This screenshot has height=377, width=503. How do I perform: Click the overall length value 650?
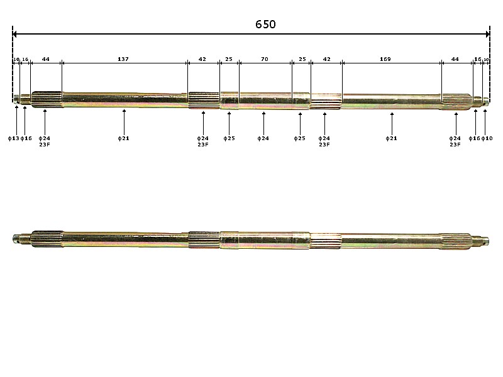(x=265, y=25)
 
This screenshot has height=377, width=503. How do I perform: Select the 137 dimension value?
(x=123, y=59)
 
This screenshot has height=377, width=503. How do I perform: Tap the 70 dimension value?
(x=264, y=59)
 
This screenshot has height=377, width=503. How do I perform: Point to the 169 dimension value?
(x=385, y=59)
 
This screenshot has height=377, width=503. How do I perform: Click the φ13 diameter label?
(x=13, y=138)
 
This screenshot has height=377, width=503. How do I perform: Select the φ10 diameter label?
(x=487, y=138)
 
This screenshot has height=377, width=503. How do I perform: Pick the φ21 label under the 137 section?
(x=124, y=138)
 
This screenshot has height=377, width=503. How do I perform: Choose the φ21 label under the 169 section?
(x=392, y=138)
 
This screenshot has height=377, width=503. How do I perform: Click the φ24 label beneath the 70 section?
(x=263, y=138)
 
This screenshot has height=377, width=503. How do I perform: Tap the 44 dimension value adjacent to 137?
(x=46, y=59)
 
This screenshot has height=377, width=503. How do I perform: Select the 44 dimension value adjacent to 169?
(x=455, y=59)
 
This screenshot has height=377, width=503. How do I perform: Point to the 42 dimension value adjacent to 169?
(x=326, y=59)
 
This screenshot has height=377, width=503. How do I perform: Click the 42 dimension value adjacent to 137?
(x=202, y=59)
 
